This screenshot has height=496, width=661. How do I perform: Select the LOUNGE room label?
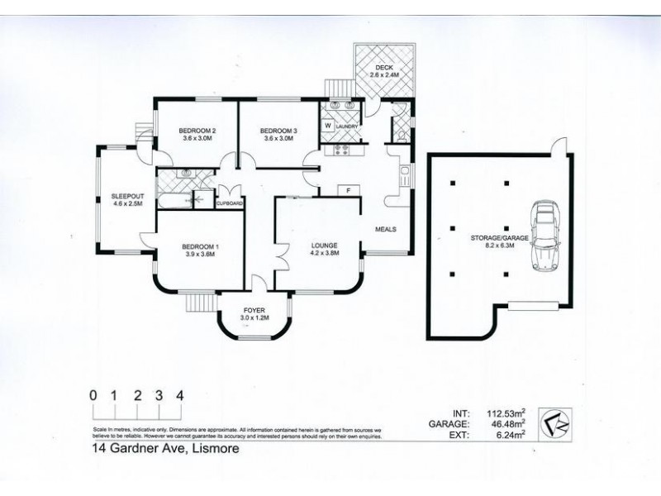tap(323, 245)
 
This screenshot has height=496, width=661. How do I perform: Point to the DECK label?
tap(383, 67)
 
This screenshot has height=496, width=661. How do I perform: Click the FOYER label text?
tap(254, 309)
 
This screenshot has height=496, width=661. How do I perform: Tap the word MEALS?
tap(387, 229)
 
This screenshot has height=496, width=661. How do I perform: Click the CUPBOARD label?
tap(229, 203)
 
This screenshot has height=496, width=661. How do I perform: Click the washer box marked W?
tap(327, 126)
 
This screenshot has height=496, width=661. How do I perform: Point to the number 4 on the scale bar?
tap(179, 393)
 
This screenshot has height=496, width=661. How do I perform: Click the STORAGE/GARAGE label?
tap(497, 236)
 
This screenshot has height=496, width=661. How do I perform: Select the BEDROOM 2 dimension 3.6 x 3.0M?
tap(197, 139)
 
